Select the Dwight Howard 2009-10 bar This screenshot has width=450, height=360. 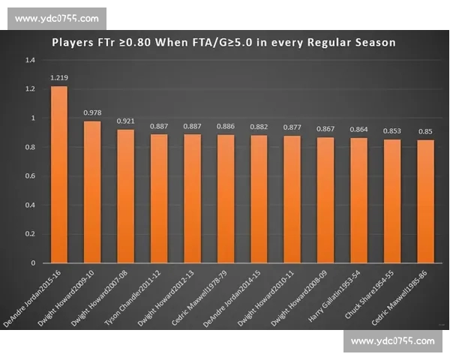(92, 192)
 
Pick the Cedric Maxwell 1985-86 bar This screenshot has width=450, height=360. (425, 202)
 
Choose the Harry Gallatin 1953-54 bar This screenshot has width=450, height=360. (358, 200)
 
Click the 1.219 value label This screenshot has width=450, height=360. (59, 78)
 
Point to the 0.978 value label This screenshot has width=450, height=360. (92, 113)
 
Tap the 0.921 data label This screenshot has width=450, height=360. (125, 121)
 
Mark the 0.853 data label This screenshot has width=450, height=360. (391, 131)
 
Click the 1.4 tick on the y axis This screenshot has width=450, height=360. (30, 59)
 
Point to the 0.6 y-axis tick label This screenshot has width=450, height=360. (30, 176)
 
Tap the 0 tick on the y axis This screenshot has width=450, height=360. (33, 263)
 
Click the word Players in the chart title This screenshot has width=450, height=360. (74, 42)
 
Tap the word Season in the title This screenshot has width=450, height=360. (373, 42)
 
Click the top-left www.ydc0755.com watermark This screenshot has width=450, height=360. (56, 18)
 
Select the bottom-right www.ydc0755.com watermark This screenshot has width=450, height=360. (392, 341)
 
